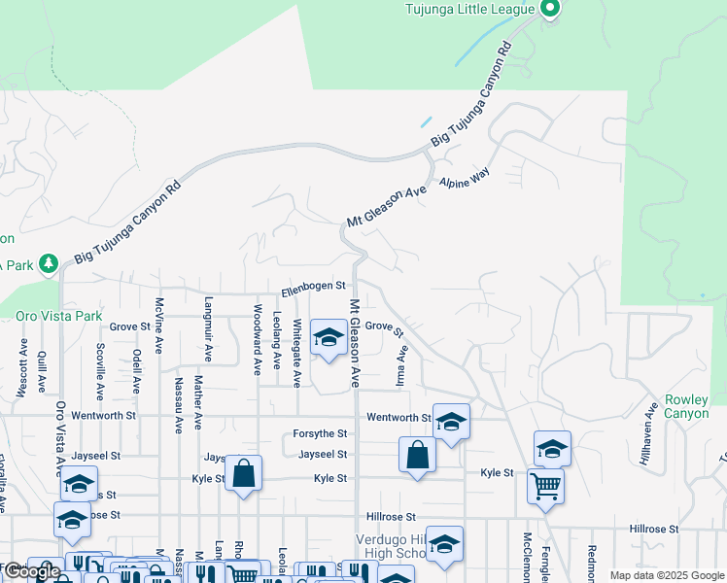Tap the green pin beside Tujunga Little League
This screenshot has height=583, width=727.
549,10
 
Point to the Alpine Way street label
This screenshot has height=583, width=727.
465,178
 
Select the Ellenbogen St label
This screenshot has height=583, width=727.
314,286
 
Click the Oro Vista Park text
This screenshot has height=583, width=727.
59,317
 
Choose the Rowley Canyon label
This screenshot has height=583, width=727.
694,406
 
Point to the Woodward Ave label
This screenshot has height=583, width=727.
258,340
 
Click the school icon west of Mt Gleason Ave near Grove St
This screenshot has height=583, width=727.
329,338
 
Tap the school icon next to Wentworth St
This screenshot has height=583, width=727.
451,422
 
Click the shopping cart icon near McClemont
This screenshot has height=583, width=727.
545,485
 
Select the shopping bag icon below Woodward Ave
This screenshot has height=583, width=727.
244,474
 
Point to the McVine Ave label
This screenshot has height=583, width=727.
159,326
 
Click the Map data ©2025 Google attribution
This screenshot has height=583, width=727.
666,575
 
